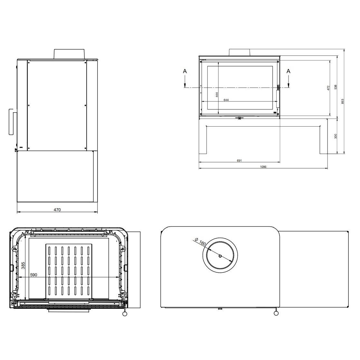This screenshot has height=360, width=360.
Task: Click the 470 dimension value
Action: [57, 210]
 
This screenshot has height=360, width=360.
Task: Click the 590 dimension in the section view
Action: [33, 275]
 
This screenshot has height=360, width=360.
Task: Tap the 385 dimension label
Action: [23, 265]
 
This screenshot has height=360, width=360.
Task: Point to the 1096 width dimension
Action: [263, 167]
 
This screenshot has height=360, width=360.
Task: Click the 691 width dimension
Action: [239, 160]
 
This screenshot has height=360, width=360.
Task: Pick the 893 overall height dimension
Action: [343, 101]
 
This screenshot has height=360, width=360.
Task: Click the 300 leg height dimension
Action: [336, 136]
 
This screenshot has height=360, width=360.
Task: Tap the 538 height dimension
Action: [336, 87]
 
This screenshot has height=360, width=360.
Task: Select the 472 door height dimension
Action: [328, 88]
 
